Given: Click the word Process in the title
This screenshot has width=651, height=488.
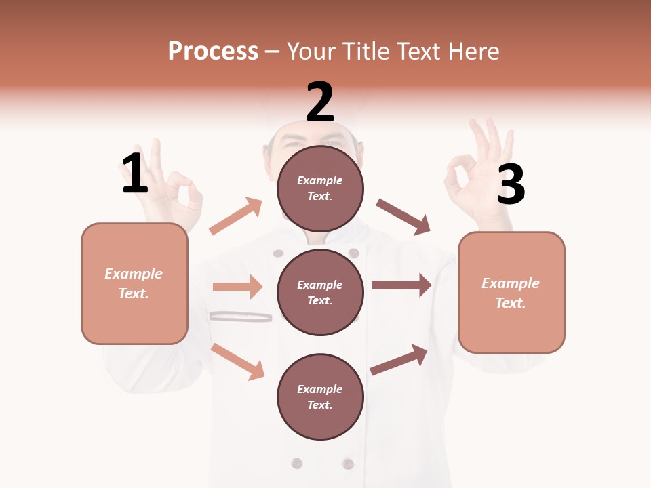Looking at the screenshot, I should tap(213, 52).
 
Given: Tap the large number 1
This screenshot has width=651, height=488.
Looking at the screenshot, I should tap(134, 174).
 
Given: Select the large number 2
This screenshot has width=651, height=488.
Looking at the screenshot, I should tap(320, 102).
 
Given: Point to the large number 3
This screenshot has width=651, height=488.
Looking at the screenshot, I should tap(511, 184).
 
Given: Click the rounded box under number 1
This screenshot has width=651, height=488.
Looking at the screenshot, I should tap(134, 283).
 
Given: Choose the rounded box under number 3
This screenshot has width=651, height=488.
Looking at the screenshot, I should tap(511, 293).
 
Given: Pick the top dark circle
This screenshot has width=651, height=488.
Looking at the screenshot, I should tap(320, 188).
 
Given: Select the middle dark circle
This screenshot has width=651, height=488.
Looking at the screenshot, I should tap(320, 292).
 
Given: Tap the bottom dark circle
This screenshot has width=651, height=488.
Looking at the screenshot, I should tap(320, 396).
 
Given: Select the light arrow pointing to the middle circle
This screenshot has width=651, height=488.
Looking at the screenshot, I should tap(238, 287).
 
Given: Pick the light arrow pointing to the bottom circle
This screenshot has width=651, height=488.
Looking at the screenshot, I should tap(238, 361).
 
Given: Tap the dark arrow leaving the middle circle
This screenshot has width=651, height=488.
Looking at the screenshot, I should tap(401, 285).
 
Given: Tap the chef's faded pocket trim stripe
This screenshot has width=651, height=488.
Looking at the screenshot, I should tap(240, 316).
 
